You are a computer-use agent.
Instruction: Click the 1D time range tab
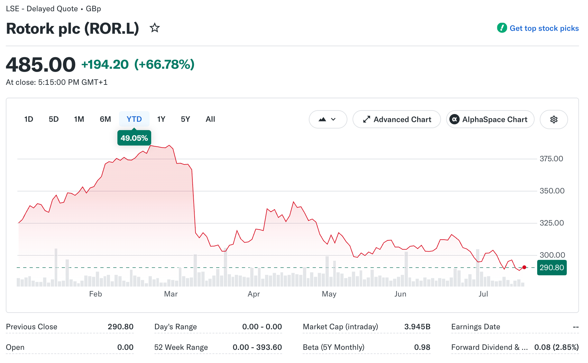point(29,119)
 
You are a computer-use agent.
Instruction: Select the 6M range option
point(105,119)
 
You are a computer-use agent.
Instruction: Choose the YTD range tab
point(134,119)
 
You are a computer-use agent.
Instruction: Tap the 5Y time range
point(185,119)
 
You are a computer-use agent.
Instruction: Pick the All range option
point(210,119)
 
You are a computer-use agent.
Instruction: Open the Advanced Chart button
point(397,120)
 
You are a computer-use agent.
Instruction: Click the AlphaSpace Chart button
point(490,120)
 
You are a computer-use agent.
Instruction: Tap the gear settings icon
point(554,120)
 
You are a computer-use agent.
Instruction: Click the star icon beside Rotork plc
point(155,28)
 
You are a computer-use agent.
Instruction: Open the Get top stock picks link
point(538,28)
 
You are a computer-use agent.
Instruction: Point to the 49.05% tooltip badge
point(134,138)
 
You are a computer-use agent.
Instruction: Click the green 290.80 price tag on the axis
point(552,268)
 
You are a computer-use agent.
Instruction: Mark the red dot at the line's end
point(524,267)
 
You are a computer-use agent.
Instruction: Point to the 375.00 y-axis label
point(551,159)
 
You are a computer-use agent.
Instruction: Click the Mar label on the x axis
point(171,294)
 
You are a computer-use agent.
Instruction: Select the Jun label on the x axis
point(400,294)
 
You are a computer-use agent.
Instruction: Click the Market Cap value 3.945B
point(417,327)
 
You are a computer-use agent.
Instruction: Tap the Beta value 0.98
point(422,347)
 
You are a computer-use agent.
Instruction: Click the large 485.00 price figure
point(41,65)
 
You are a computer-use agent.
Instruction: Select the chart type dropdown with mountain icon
point(328,120)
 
